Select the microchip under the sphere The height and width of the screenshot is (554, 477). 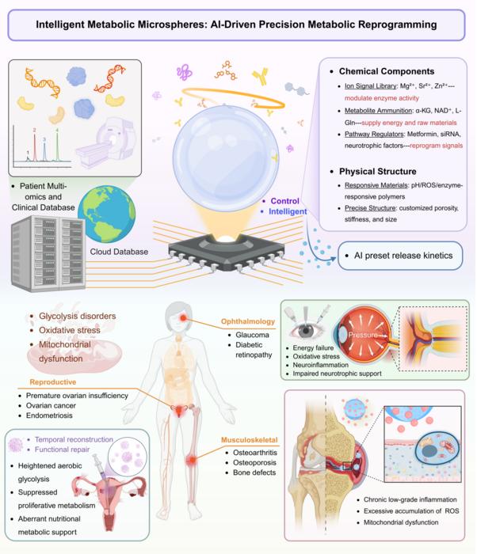[x=227, y=252]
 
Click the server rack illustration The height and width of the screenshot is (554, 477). [x=48, y=254]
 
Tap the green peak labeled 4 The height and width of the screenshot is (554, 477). [x=57, y=146]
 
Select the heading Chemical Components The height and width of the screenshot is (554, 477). [x=387, y=71]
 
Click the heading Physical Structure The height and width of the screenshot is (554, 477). [x=378, y=172]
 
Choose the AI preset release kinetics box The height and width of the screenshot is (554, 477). [x=400, y=256]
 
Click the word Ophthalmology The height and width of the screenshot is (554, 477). [x=248, y=321]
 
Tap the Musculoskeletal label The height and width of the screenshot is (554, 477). [x=249, y=440]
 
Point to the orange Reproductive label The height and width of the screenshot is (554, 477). [x=53, y=382]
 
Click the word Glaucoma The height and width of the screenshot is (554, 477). [x=252, y=335]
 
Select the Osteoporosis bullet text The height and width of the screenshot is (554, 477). [x=254, y=462]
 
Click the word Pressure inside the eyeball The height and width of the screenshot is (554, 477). [x=363, y=335]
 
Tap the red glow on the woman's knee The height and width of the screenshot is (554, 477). [x=192, y=461]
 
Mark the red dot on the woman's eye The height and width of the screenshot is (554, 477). [x=183, y=317]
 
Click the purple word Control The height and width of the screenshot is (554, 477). [x=285, y=201]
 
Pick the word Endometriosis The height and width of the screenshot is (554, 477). [x=49, y=415]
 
